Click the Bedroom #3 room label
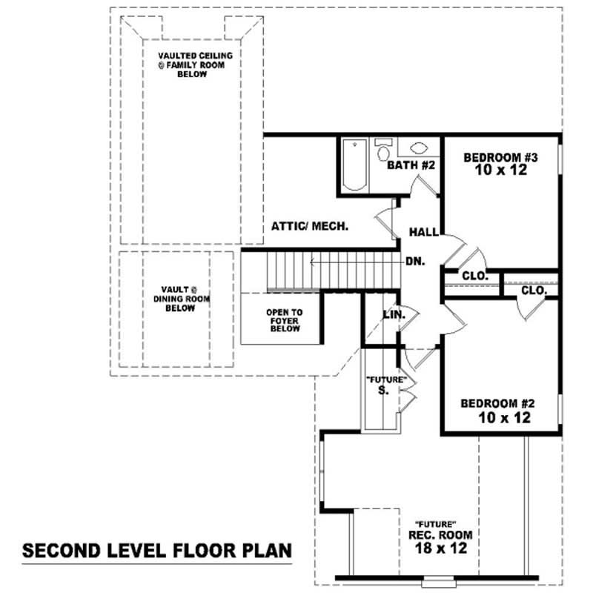pyautogui.click(x=500, y=157)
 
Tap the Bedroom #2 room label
pyautogui.click(x=497, y=403)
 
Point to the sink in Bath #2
pyautogui.click(x=418, y=148)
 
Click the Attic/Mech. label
pyautogui.click(x=310, y=226)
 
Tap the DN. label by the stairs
pyautogui.click(x=414, y=262)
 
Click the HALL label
pyautogui.click(x=424, y=232)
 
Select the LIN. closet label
pyautogui.click(x=394, y=315)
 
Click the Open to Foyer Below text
pyautogui.click(x=285, y=320)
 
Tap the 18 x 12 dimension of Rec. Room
pyautogui.click(x=440, y=549)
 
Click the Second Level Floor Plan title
pyautogui.click(x=156, y=551)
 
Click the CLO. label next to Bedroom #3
pyautogui.click(x=474, y=276)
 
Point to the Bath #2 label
pyautogui.click(x=411, y=165)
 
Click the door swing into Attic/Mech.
pyautogui.click(x=385, y=221)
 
